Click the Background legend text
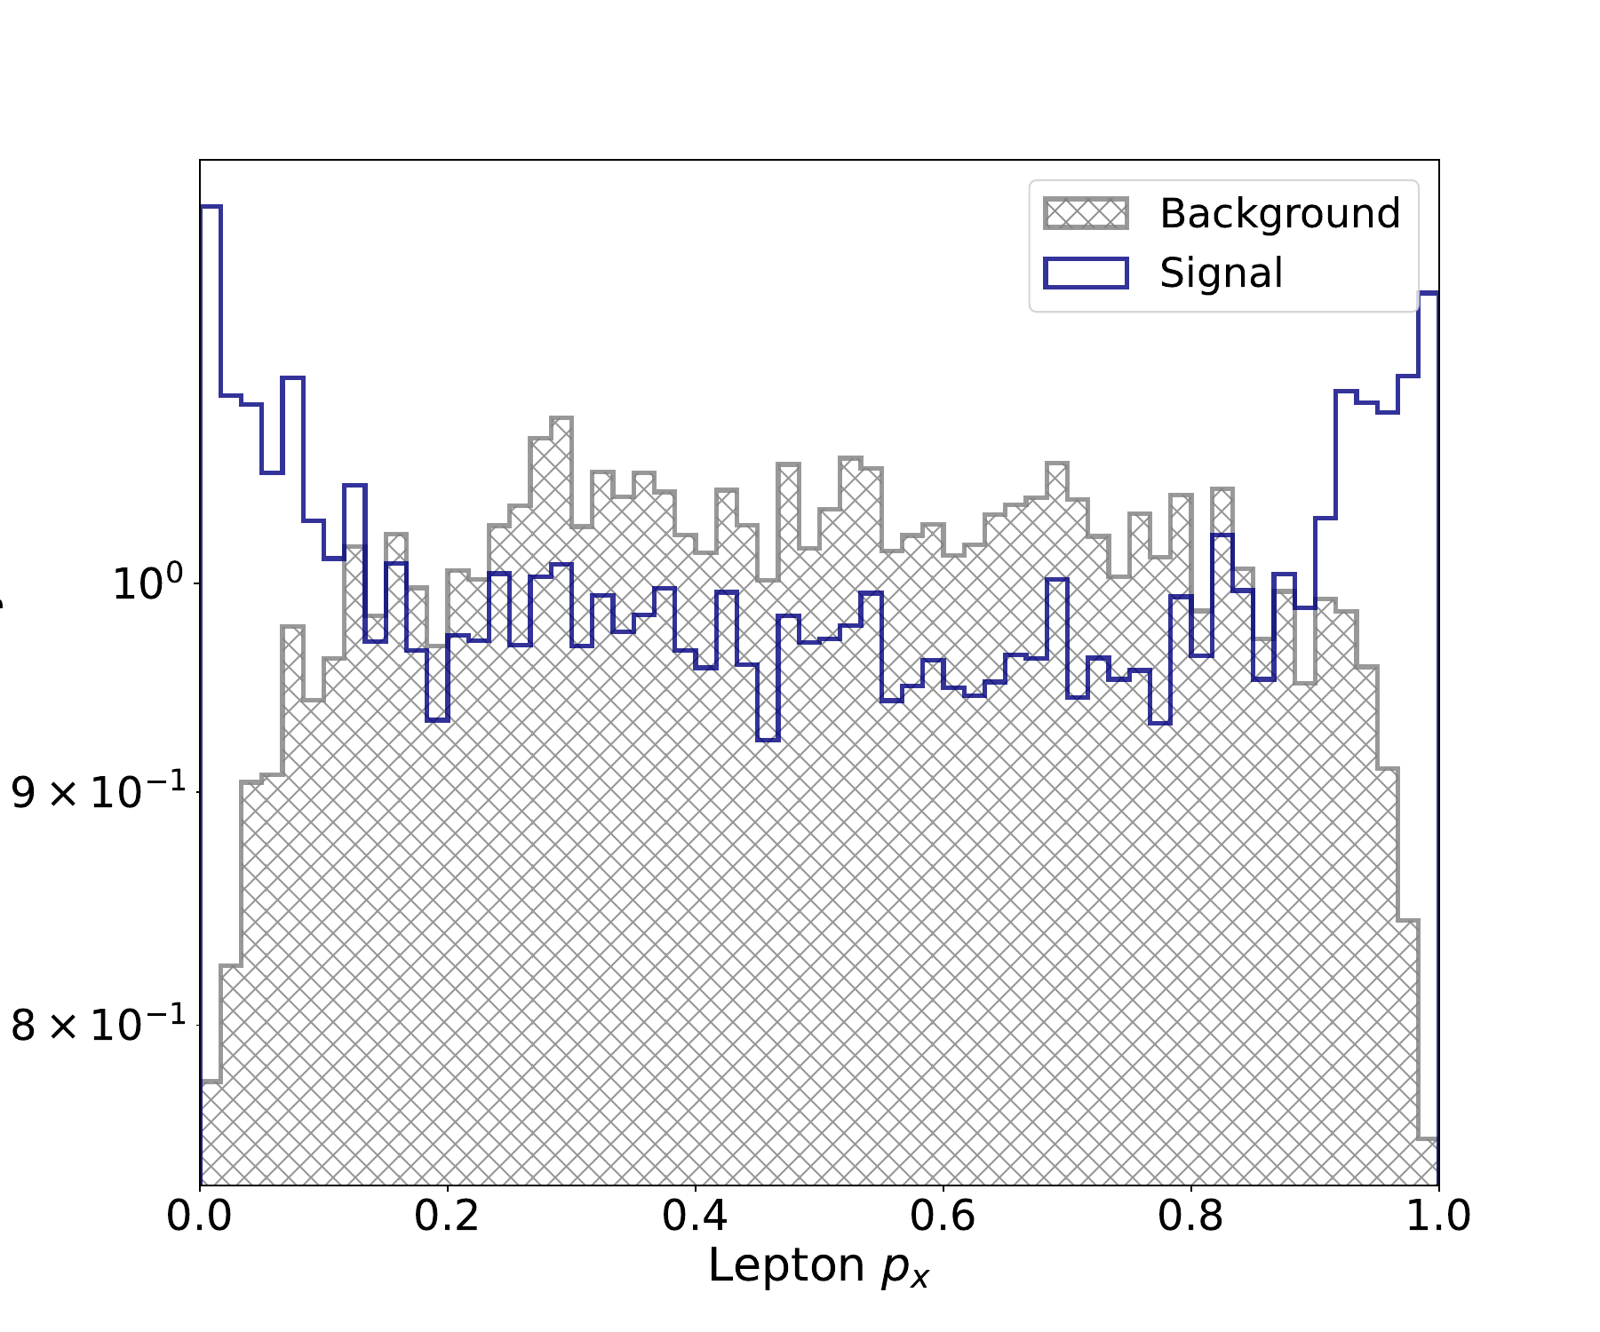1279,214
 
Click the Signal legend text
1221,273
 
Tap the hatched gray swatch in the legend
1086,214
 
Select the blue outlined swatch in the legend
1086,273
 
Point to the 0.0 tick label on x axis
200,1215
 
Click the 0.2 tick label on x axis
447,1215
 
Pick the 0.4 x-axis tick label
695,1215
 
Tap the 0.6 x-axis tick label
943,1215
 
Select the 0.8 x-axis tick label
1190,1215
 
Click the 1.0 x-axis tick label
1437,1215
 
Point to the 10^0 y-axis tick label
147,583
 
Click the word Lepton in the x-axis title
786,1265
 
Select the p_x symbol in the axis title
904,1268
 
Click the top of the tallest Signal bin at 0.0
211,207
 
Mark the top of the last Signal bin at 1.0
1428,293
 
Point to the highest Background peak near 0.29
561,418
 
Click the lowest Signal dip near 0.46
768,739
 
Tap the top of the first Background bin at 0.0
211,1082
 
